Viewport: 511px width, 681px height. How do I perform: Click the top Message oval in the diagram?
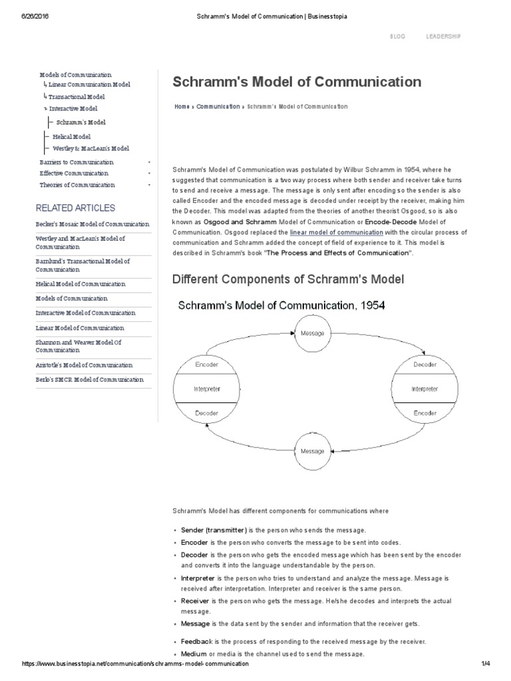(x=313, y=333)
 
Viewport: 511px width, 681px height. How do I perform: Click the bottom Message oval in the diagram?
(x=313, y=450)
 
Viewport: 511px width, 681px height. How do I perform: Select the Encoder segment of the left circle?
(x=206, y=365)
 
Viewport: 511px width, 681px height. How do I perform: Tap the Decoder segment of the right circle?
(x=425, y=365)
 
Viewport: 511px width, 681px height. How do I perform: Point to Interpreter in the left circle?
(x=206, y=389)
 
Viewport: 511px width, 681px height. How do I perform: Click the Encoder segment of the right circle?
(x=425, y=413)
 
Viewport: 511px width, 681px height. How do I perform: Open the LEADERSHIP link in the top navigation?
(x=443, y=36)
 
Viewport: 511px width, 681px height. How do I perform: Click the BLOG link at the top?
(x=397, y=36)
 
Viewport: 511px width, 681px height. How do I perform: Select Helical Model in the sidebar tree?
(x=71, y=136)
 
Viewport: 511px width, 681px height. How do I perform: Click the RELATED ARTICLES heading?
(x=75, y=208)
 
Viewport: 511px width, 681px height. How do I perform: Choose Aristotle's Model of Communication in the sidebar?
(x=84, y=365)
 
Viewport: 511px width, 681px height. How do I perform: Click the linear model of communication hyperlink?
(x=337, y=233)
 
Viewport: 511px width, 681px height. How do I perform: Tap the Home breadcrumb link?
(x=181, y=106)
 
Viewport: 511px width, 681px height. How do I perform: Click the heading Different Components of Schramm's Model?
(x=288, y=279)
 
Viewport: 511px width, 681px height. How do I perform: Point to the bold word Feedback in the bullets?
(x=196, y=642)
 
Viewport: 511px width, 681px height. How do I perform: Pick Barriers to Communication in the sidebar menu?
(x=76, y=162)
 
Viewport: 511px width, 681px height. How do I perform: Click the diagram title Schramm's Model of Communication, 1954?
(x=281, y=306)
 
